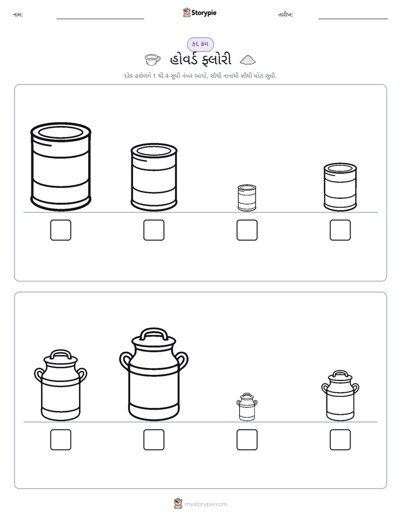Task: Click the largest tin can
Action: coord(61,167)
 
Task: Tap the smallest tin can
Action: coord(247,198)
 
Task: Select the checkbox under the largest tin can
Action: coord(61,230)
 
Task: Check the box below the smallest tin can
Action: coord(247,230)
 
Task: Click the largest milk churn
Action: coord(154,374)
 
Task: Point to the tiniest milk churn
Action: coord(247,407)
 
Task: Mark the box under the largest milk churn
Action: coord(154,440)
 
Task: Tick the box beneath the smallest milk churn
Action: coord(247,440)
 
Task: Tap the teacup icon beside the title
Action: coord(153,60)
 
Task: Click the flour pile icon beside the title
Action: coord(248,60)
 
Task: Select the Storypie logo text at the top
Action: coord(204,13)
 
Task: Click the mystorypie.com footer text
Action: coord(206,504)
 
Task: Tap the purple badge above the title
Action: coord(200,44)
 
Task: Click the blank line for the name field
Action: coord(100,19)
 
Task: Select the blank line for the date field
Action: coord(353,19)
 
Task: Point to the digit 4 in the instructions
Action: coord(167,76)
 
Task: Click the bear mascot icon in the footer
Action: coord(178,504)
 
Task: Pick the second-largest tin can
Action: coord(154,177)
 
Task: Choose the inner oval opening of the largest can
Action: coord(61,133)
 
